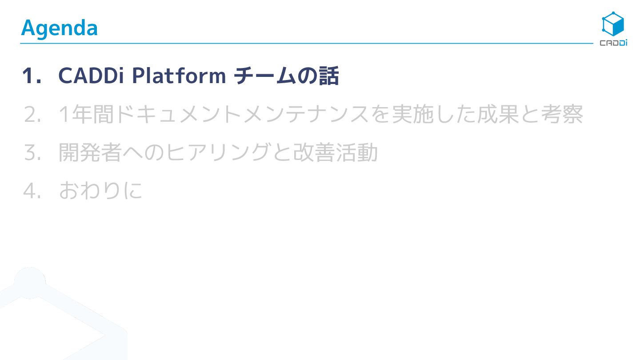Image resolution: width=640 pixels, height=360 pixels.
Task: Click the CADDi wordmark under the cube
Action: pos(613,43)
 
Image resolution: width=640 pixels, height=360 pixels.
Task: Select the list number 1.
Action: pos(32,76)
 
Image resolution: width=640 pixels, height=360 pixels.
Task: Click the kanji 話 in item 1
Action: pos(329,76)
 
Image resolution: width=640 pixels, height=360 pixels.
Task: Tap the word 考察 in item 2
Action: pos(561,115)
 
